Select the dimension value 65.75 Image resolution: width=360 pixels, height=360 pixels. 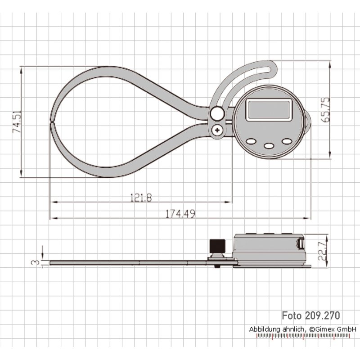point(325,109)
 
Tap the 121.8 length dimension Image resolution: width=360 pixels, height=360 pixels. point(141,198)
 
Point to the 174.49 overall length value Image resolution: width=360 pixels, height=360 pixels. point(180,214)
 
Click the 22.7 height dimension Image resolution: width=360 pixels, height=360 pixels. point(323,252)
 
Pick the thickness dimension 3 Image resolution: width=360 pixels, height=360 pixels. point(36,262)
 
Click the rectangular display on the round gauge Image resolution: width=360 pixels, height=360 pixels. point(269,110)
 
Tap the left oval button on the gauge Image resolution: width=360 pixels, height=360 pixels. point(252,141)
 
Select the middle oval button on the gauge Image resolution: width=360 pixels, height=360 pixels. point(269,145)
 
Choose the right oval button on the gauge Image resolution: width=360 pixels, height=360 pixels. point(286,141)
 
